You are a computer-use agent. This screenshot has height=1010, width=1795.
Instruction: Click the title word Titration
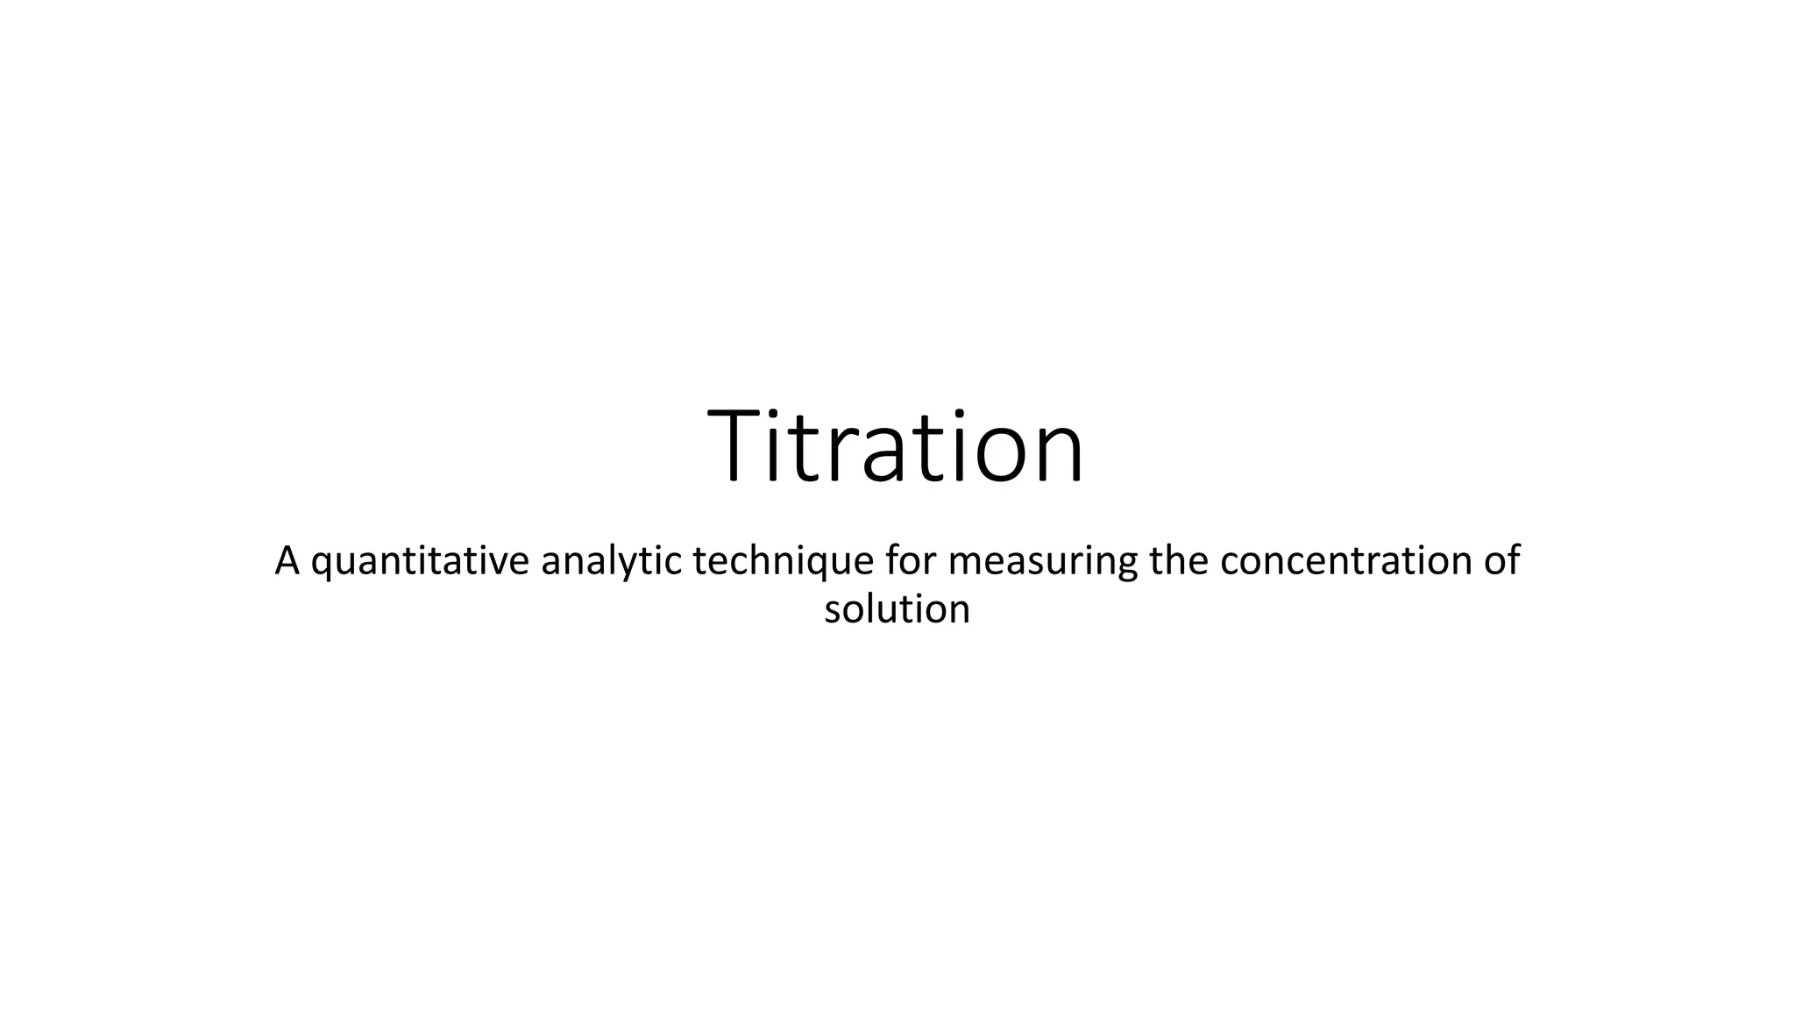point(896,446)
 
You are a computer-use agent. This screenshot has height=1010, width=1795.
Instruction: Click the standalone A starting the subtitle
point(287,560)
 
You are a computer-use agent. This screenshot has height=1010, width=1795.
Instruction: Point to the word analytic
point(611,562)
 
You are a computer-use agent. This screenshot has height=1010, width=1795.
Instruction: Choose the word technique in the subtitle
point(783,562)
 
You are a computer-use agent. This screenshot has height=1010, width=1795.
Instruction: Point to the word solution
point(897,608)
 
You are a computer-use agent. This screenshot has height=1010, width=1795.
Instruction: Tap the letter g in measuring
point(1126,566)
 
